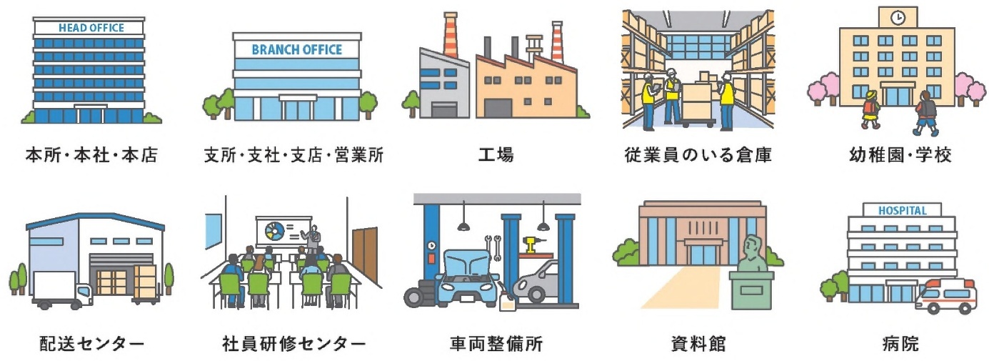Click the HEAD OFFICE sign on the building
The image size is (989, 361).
pyautogui.click(x=91, y=28)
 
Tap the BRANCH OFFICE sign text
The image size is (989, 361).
pyautogui.click(x=297, y=49)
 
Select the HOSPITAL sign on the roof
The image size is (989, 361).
pyautogui.click(x=903, y=211)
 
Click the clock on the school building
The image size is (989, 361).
pyautogui.click(x=898, y=18)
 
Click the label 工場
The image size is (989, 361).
pyautogui.click(x=496, y=155)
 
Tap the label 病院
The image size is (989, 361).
pyautogui.click(x=900, y=343)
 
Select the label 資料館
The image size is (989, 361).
pyautogui.click(x=698, y=343)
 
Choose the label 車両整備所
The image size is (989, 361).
pyautogui.click(x=496, y=343)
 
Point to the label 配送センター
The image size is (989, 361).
pyautogui.click(x=92, y=343)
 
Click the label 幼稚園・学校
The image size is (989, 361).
pyautogui.click(x=900, y=155)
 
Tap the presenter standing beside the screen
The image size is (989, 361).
pyautogui.click(x=313, y=239)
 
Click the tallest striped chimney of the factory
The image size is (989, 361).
pyautogui.click(x=451, y=35)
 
